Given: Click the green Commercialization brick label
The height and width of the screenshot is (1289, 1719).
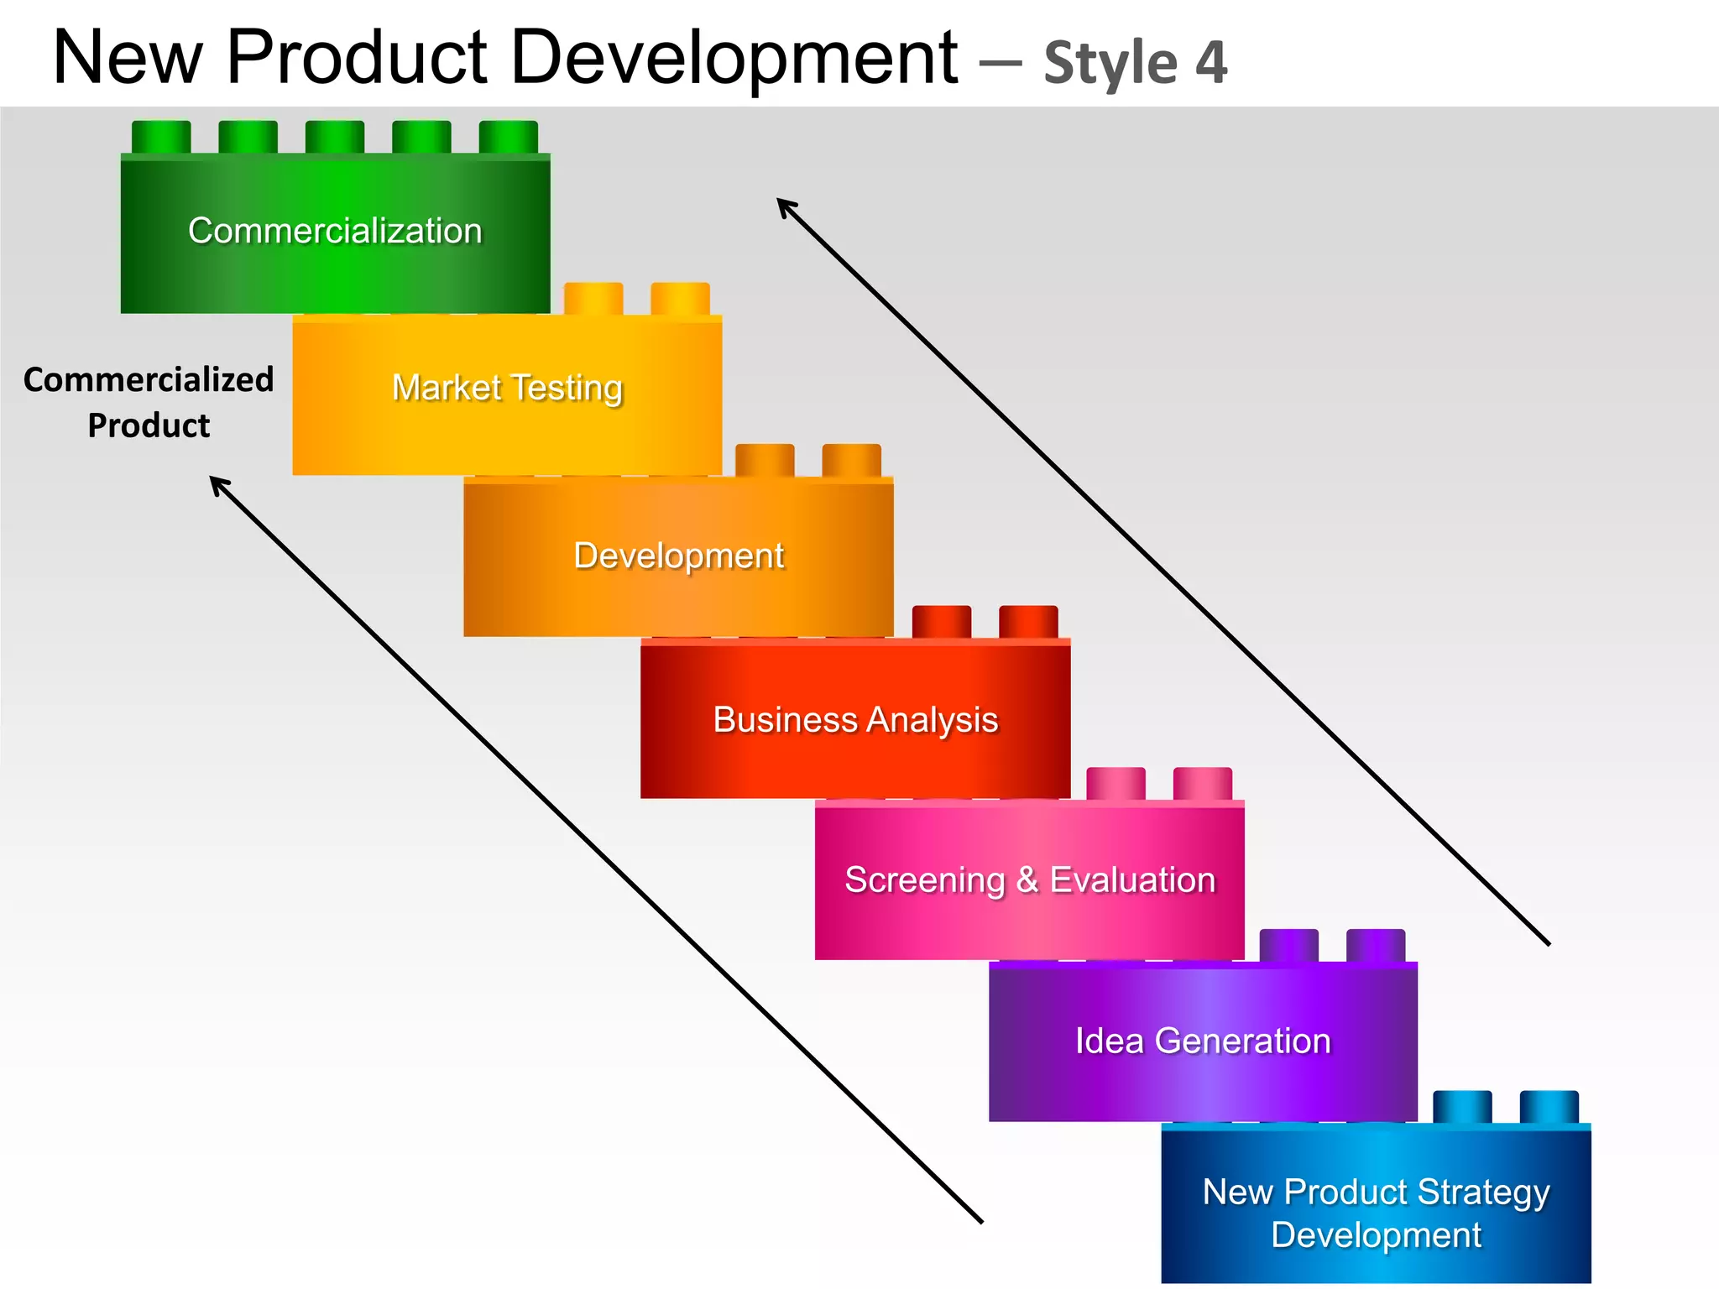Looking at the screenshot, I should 335,231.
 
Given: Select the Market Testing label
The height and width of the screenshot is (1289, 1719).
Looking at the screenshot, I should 507,388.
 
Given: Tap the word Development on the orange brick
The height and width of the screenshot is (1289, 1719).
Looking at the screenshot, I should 678,556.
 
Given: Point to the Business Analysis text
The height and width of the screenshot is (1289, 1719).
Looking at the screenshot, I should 855,720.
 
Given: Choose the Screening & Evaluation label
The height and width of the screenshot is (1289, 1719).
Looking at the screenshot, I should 1030,880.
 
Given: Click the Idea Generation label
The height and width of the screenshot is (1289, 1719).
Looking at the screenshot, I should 1203,1041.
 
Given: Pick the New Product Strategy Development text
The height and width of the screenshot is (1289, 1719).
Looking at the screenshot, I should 1376,1213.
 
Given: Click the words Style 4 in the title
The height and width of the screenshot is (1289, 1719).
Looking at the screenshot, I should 1135,63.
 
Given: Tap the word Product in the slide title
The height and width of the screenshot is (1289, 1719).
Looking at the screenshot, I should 357,57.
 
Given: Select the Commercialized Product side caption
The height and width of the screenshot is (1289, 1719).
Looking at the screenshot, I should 149,402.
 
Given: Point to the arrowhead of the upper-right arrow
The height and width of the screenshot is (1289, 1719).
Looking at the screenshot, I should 784,206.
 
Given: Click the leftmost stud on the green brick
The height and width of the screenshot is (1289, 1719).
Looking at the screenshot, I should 161,137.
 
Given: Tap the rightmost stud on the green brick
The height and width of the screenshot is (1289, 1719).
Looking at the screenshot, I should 508,137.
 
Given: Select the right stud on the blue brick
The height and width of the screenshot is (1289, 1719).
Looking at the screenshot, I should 1549,1106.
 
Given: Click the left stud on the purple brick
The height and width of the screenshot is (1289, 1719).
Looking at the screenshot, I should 1288,945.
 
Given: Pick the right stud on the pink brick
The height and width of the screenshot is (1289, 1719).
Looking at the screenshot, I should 1202,783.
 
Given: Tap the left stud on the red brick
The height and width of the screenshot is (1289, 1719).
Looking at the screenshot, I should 941,622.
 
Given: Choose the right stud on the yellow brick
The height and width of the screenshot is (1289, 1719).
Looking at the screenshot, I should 680,299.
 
